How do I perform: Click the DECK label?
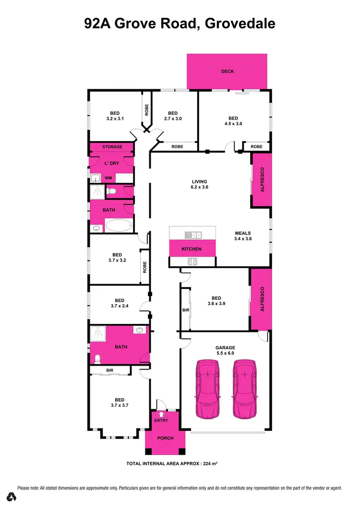227,71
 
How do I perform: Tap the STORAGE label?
112,147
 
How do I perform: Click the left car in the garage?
207,389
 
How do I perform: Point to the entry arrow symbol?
161,413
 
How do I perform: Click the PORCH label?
165,438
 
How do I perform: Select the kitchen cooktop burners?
192,261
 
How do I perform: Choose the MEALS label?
242,234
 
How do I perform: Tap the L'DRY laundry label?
111,164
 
